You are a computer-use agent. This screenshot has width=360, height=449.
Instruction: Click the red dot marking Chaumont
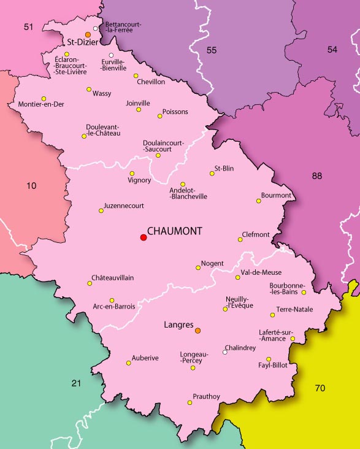(144, 237)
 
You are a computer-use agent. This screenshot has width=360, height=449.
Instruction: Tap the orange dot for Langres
(197, 331)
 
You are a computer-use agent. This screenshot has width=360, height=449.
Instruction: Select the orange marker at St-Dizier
(88, 34)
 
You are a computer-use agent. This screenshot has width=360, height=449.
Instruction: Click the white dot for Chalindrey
(225, 352)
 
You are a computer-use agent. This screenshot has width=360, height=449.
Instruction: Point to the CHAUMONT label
(175, 231)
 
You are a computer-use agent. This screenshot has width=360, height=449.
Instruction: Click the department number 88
(316, 176)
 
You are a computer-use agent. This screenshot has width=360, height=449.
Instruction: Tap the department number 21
(75, 383)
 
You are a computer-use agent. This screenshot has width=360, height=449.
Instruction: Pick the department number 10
(31, 185)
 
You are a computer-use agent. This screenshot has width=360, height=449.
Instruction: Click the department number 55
(212, 49)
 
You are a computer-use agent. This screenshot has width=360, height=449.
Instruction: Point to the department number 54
(332, 49)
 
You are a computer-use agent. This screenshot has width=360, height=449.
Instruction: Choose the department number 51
(28, 26)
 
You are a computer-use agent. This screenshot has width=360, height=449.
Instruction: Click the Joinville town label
(137, 103)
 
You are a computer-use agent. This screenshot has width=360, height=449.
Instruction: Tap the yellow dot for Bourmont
(258, 201)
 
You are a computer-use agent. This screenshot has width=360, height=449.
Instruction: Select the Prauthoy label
(206, 396)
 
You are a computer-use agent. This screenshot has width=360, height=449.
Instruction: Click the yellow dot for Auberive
(128, 363)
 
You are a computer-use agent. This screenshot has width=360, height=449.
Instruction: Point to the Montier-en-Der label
(41, 104)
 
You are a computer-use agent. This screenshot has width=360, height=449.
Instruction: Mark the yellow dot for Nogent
(197, 267)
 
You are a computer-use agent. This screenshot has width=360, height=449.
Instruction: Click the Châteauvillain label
(112, 278)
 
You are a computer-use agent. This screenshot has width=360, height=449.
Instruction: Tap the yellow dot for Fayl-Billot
(268, 359)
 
